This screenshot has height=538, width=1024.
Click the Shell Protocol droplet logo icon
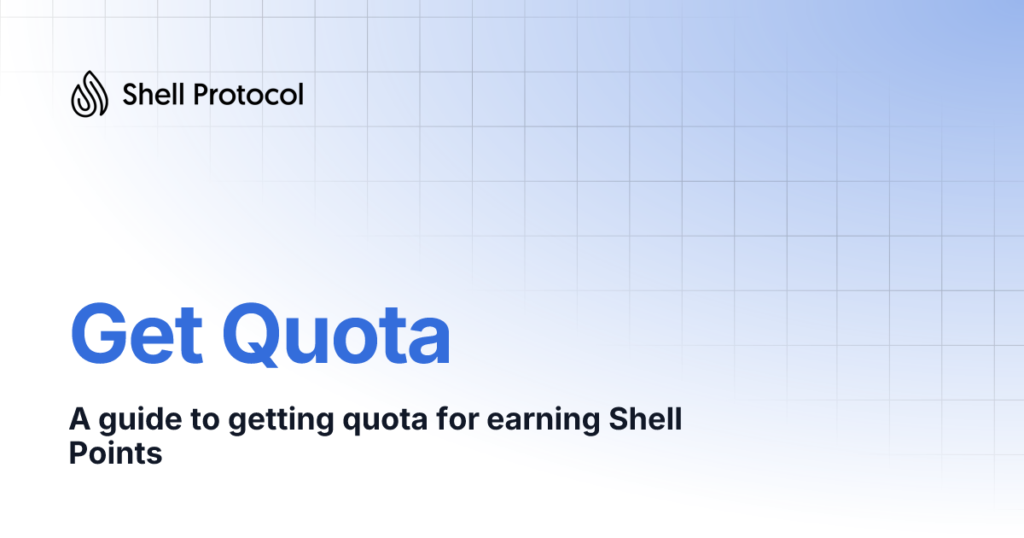tap(89, 93)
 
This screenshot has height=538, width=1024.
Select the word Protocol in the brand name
tap(248, 94)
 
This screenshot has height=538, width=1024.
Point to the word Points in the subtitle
tap(115, 453)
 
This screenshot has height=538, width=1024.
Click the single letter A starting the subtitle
tap(79, 420)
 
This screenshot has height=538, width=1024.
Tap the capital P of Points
tap(77, 453)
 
